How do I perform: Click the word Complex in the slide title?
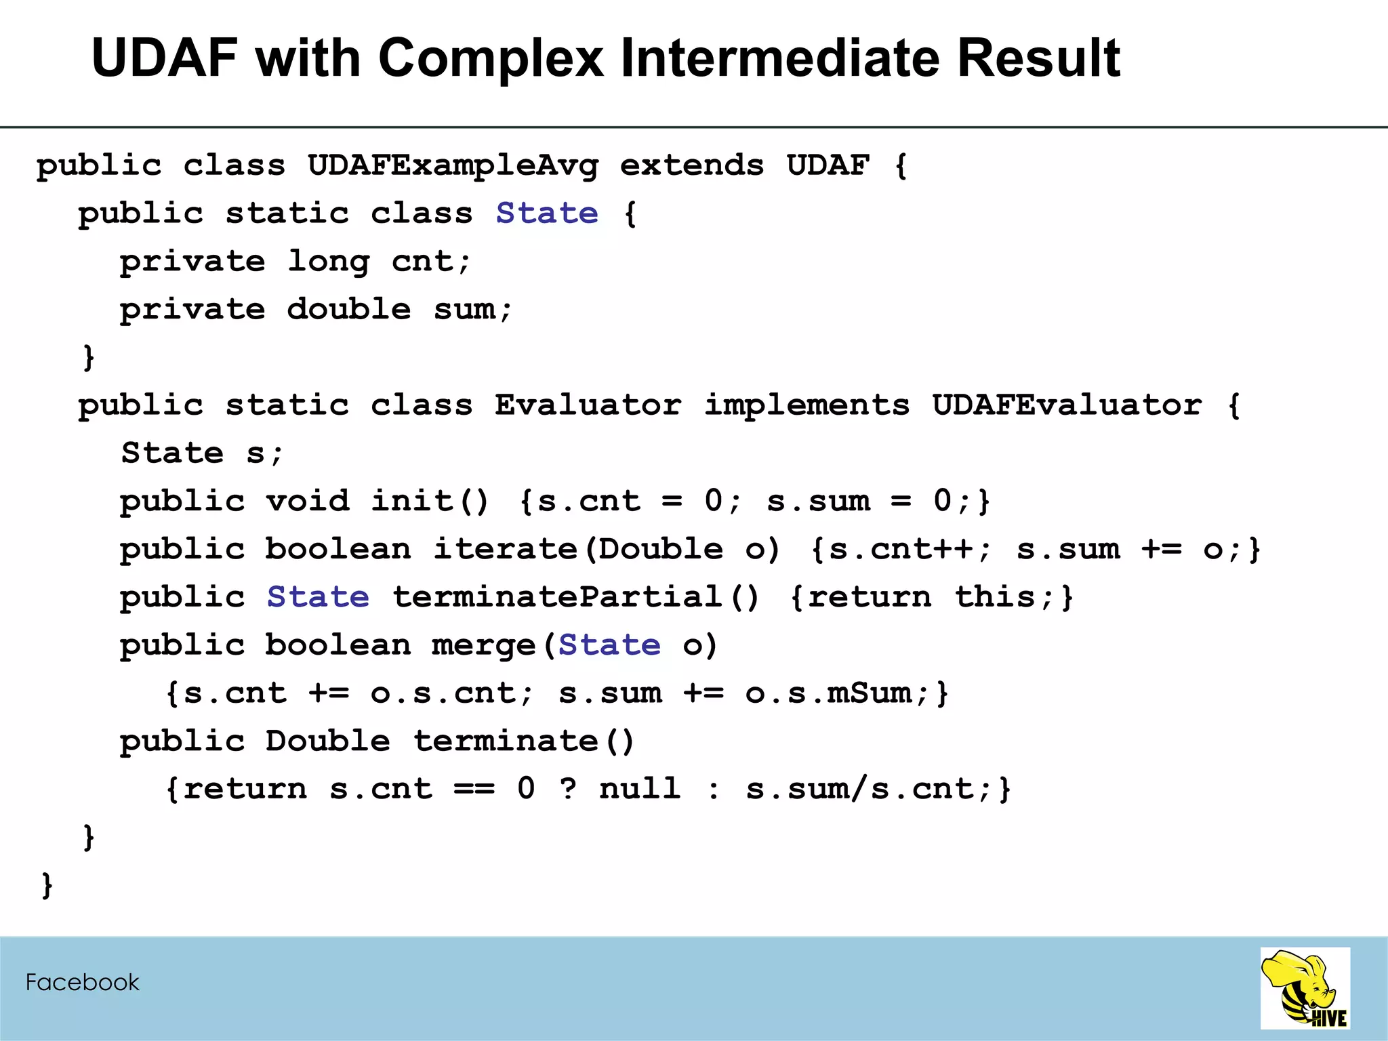490,58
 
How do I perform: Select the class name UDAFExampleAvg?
453,166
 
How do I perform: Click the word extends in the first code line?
692,166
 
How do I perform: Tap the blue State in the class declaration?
547,213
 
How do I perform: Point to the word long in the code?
329,262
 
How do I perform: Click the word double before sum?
348,310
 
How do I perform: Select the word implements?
807,405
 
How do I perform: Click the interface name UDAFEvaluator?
1067,405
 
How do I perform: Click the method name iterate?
505,550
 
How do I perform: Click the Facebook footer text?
82,983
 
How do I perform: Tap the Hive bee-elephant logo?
1305,989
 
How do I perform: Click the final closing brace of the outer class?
47,885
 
